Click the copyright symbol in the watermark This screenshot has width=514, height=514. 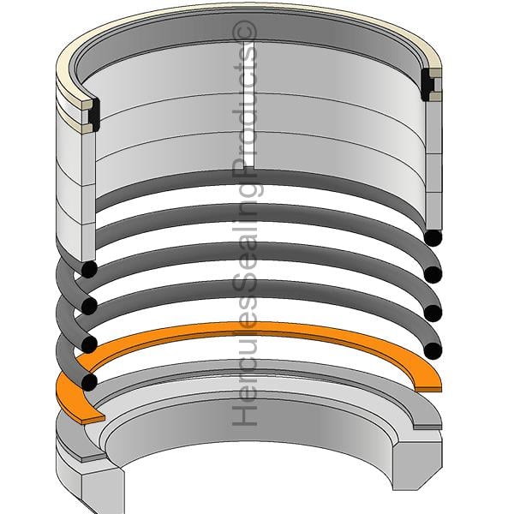[244, 32]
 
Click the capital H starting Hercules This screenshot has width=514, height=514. [244, 415]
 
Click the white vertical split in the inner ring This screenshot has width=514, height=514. [248, 105]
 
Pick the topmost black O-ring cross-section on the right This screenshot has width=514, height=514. [433, 237]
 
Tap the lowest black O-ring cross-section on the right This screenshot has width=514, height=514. [433, 350]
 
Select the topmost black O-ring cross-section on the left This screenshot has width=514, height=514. [89, 269]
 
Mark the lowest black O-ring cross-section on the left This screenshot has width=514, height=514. [89, 382]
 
